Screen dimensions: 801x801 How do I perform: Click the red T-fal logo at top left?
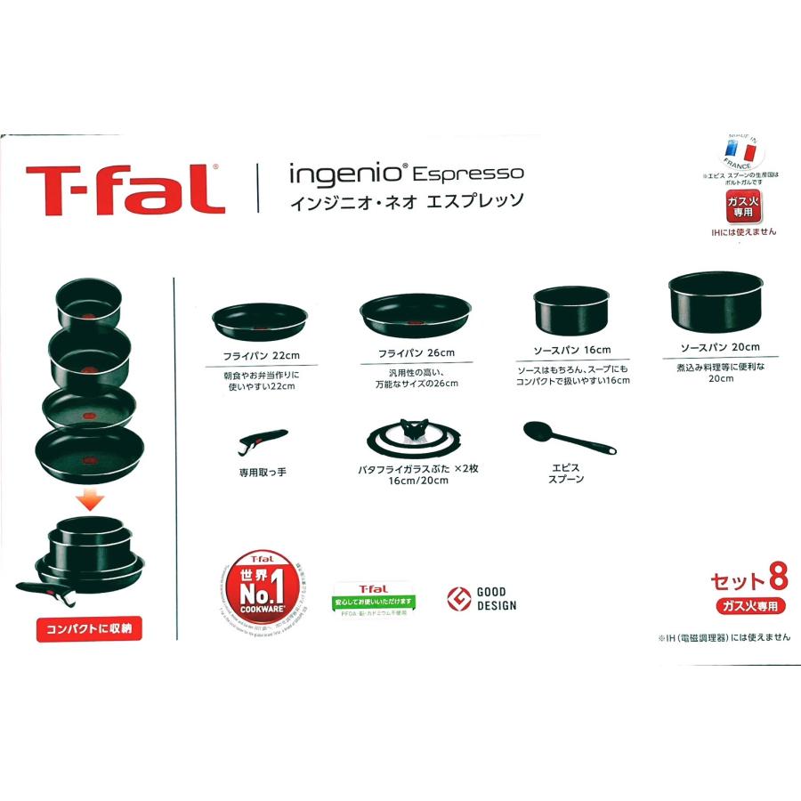pos(124,188)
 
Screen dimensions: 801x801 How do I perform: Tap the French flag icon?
pos(739,152)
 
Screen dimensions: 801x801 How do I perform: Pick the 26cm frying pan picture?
pos(415,315)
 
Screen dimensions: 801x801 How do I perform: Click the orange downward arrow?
pos(88,500)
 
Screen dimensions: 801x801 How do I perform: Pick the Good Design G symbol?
pos(458,598)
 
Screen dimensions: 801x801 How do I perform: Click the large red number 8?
pos(776,580)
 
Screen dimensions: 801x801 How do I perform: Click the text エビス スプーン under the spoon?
pos(566,472)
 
